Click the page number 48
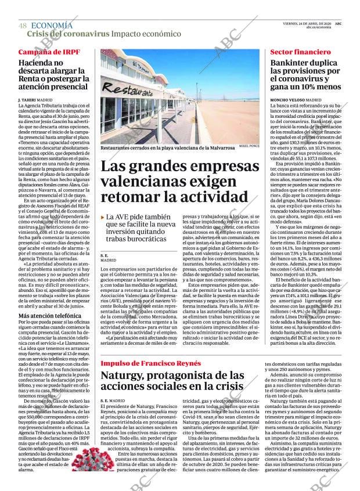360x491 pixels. click(x=23, y=26)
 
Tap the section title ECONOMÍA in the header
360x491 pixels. click(x=52, y=26)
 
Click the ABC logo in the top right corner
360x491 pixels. click(x=338, y=23)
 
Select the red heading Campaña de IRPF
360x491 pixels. click(x=49, y=52)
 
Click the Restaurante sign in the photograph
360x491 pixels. click(x=128, y=91)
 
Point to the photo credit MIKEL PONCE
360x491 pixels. click(x=248, y=146)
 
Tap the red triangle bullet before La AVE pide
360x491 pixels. click(x=102, y=216)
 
